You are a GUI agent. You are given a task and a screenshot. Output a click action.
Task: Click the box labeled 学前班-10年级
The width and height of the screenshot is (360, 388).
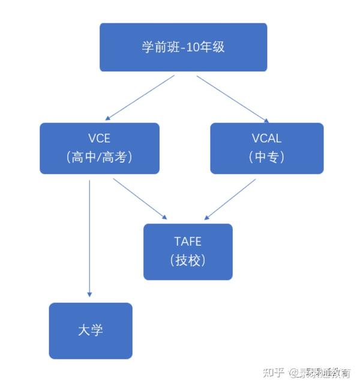183,47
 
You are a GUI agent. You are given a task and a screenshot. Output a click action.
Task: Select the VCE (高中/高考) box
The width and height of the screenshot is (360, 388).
100,148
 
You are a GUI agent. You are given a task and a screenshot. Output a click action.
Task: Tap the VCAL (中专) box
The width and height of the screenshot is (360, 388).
266,148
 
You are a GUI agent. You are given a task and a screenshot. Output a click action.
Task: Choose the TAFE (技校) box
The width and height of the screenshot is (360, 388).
188,252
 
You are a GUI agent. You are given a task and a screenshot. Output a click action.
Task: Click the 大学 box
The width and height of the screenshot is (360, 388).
91,330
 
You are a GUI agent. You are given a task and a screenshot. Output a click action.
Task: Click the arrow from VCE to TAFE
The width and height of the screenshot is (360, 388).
139,198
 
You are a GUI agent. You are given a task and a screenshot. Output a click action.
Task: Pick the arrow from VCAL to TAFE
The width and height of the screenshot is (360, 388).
230,198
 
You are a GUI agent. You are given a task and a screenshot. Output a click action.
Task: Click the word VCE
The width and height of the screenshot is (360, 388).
99,139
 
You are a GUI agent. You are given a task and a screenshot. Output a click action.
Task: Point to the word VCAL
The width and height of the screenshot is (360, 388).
266,139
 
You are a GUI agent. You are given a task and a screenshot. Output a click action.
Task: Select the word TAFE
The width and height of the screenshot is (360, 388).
188,242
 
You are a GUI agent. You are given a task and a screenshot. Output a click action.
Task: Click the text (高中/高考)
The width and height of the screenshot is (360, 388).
100,157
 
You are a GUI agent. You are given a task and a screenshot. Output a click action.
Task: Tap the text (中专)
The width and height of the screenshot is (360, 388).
266,157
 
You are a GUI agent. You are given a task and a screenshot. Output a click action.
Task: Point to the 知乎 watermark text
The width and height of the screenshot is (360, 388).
273,372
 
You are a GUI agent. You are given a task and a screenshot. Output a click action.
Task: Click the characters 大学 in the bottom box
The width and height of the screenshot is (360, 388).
91,330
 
